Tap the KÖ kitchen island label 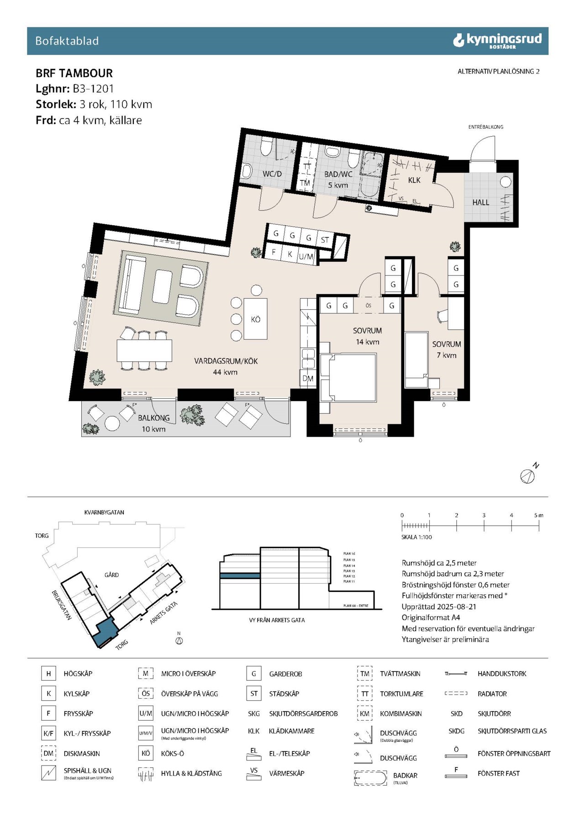(255, 319)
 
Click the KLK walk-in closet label (414, 180)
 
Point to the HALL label (480, 202)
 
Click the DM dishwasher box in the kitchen (308, 378)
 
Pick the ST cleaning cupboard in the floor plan (325, 239)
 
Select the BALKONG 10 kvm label (153, 422)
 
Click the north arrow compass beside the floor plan (528, 475)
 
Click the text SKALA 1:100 (416, 537)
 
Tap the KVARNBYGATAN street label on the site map (104, 512)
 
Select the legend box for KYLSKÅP (48, 693)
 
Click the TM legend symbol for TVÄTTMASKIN (364, 673)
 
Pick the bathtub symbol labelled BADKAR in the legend (370, 778)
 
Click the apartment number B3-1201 (93, 89)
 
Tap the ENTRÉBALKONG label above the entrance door (485, 127)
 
